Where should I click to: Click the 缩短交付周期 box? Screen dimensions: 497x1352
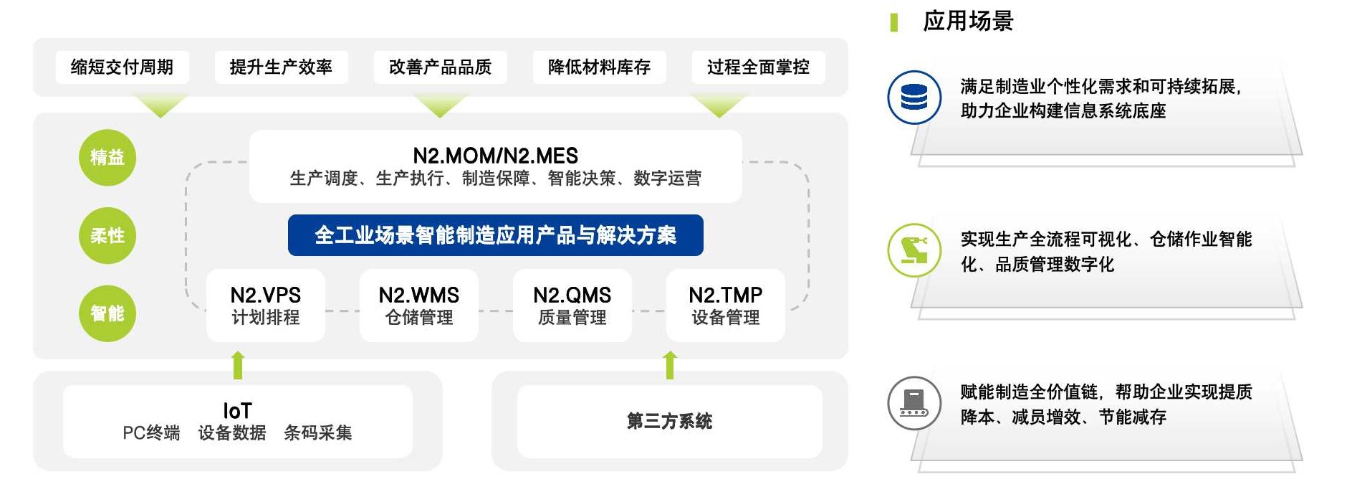(122, 67)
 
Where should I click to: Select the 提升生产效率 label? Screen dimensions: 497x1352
(281, 67)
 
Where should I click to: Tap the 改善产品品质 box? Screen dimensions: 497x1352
(440, 67)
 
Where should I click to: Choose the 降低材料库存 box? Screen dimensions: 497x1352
(599, 67)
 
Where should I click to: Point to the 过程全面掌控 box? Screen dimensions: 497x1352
(758, 67)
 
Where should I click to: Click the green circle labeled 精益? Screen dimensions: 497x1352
(107, 158)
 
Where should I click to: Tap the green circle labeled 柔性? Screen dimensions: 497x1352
(107, 236)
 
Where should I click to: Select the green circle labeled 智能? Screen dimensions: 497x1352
(107, 313)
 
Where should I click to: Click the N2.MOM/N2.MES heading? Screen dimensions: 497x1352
(495, 156)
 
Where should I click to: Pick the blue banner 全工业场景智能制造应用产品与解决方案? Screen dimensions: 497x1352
(495, 235)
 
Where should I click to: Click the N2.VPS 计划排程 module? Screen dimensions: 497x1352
(265, 306)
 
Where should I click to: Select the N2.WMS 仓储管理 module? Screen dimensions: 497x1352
(418, 306)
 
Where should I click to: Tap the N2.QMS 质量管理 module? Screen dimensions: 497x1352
(572, 306)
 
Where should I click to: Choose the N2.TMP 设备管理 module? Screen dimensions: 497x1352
(725, 306)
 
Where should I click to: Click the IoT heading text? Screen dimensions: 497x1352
(237, 411)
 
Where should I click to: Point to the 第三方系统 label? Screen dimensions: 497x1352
(669, 421)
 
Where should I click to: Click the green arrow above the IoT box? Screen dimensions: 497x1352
(238, 364)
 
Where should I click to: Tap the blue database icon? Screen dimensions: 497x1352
(914, 97)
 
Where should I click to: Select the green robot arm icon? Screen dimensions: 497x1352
(914, 250)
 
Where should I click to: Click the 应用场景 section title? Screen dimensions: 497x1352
(967, 22)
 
